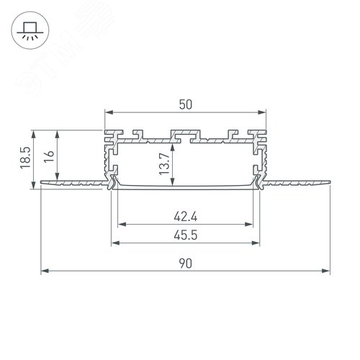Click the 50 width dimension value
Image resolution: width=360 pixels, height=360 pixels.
point(185,104)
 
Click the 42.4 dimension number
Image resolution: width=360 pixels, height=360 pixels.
point(186,215)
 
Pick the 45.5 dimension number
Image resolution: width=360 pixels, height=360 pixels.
point(186,234)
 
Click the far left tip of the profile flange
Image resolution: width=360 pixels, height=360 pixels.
point(42,181)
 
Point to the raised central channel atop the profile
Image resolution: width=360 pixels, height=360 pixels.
point(185,134)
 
